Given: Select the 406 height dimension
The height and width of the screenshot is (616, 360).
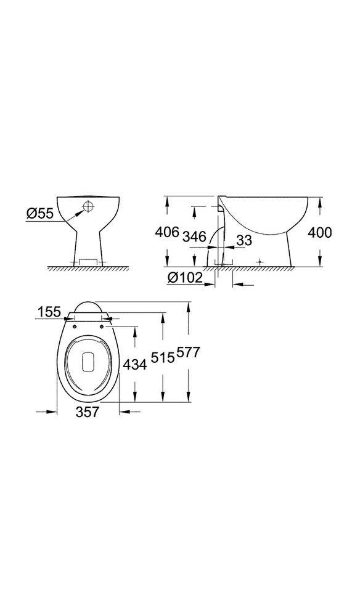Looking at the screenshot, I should [x=166, y=233].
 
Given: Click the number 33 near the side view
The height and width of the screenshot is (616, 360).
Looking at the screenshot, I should [x=243, y=240].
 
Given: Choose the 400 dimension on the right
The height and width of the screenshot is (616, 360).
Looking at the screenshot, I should [x=320, y=233].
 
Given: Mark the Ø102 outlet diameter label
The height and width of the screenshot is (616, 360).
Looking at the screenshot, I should [x=184, y=278].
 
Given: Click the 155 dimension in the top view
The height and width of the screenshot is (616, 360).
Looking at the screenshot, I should [x=49, y=312].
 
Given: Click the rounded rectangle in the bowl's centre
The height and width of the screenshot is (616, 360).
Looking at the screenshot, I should [x=87, y=362].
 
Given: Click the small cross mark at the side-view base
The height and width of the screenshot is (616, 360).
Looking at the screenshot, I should [x=260, y=262].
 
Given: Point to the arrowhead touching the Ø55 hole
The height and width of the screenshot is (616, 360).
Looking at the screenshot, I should [x=78, y=213].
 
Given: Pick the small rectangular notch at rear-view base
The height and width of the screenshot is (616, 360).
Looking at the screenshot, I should [x=88, y=262].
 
